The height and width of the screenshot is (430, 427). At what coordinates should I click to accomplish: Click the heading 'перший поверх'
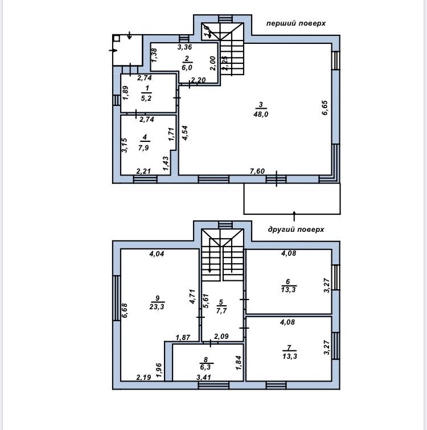pyautogui.click(x=296, y=23)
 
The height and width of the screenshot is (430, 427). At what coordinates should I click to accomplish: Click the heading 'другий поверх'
pyautogui.click(x=296, y=230)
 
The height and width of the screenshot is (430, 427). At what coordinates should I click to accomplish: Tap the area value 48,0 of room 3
pyautogui.click(x=261, y=114)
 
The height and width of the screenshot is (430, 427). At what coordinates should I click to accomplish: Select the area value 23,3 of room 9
pyautogui.click(x=157, y=306)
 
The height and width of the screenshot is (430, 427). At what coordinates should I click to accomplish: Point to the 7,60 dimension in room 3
pyautogui.click(x=257, y=171)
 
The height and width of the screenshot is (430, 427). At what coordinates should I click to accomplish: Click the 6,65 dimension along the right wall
pyautogui.click(x=325, y=108)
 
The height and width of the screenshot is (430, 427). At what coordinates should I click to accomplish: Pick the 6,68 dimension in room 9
pyautogui.click(x=125, y=310)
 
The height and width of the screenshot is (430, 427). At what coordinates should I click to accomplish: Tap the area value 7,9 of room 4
pyautogui.click(x=143, y=148)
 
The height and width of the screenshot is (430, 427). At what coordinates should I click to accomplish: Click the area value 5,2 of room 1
pyautogui.click(x=146, y=98)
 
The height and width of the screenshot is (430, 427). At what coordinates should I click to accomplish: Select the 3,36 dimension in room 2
pyautogui.click(x=184, y=47)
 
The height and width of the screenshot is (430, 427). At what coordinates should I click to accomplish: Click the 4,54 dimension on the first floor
pyautogui.click(x=185, y=133)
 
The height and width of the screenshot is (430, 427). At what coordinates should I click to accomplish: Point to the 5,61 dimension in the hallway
pyautogui.click(x=206, y=301)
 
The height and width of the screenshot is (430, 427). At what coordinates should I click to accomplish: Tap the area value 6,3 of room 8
pyautogui.click(x=206, y=367)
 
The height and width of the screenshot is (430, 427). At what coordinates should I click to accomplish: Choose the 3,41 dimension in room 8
pyautogui.click(x=204, y=378)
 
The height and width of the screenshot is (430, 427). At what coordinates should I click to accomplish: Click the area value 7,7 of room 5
pyautogui.click(x=221, y=310)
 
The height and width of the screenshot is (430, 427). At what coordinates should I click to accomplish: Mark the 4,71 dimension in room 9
pyautogui.click(x=192, y=297)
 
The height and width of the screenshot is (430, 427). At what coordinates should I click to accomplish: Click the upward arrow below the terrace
pyautogui.click(x=294, y=216)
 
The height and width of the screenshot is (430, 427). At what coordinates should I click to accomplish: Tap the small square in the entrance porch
pyautogui.click(x=117, y=38)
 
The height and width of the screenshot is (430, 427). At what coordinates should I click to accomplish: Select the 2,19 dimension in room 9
pyautogui.click(x=143, y=378)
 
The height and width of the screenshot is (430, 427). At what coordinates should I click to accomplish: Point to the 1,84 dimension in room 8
pyautogui.click(x=239, y=363)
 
